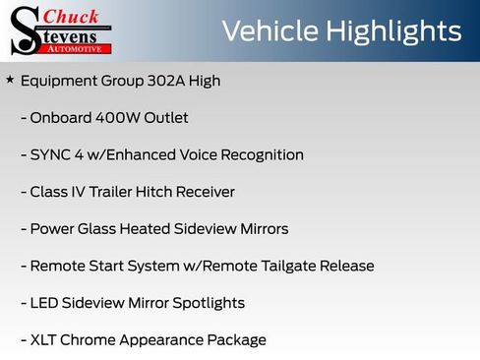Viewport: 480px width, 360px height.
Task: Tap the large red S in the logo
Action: pyautogui.click(x=24, y=30)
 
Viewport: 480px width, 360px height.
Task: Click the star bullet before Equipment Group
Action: pyautogui.click(x=10, y=80)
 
